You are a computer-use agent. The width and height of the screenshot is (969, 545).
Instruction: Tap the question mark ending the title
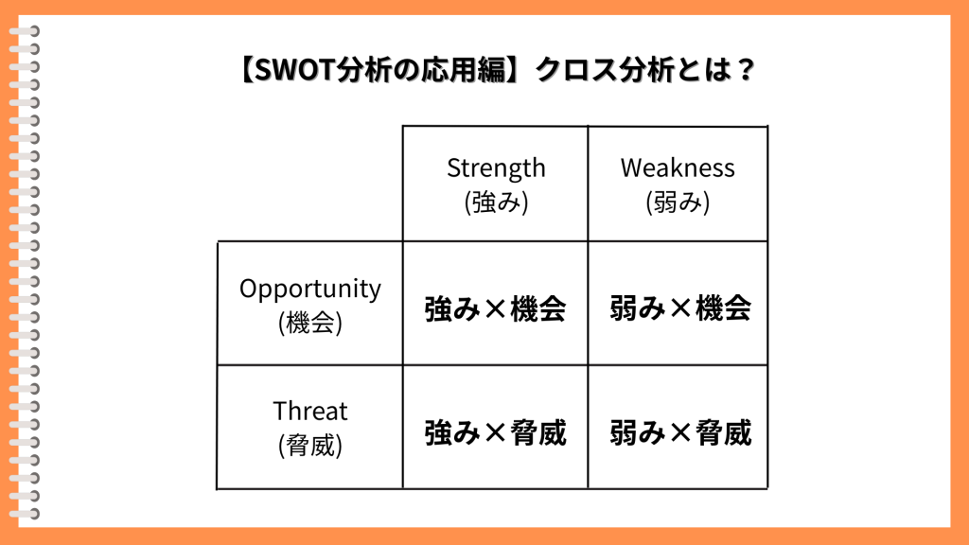(746, 70)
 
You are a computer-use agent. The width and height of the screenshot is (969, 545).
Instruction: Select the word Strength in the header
(496, 168)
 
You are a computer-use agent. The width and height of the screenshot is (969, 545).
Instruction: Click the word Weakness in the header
(678, 168)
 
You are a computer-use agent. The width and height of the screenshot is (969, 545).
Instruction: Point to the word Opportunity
(310, 290)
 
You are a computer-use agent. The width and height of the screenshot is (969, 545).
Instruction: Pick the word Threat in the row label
(310, 411)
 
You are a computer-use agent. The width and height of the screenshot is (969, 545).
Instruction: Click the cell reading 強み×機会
(495, 308)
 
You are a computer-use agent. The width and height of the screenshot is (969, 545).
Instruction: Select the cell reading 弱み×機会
(680, 308)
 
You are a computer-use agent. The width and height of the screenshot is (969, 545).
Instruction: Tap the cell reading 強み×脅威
(495, 431)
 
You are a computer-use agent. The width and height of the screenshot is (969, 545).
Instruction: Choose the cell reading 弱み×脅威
(680, 431)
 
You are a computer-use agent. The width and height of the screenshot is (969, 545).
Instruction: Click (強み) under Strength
(496, 202)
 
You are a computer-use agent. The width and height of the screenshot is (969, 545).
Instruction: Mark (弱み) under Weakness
(678, 202)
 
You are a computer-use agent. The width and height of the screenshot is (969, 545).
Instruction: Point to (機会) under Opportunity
(310, 323)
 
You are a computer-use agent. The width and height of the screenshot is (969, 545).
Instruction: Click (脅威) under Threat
(310, 445)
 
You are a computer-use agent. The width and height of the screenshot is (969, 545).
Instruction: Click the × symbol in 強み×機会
(495, 309)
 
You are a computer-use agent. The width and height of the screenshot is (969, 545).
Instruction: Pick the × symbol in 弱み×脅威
(680, 432)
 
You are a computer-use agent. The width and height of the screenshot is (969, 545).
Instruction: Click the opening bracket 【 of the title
(247, 70)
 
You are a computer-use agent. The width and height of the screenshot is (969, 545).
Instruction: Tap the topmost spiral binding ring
(25, 31)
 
